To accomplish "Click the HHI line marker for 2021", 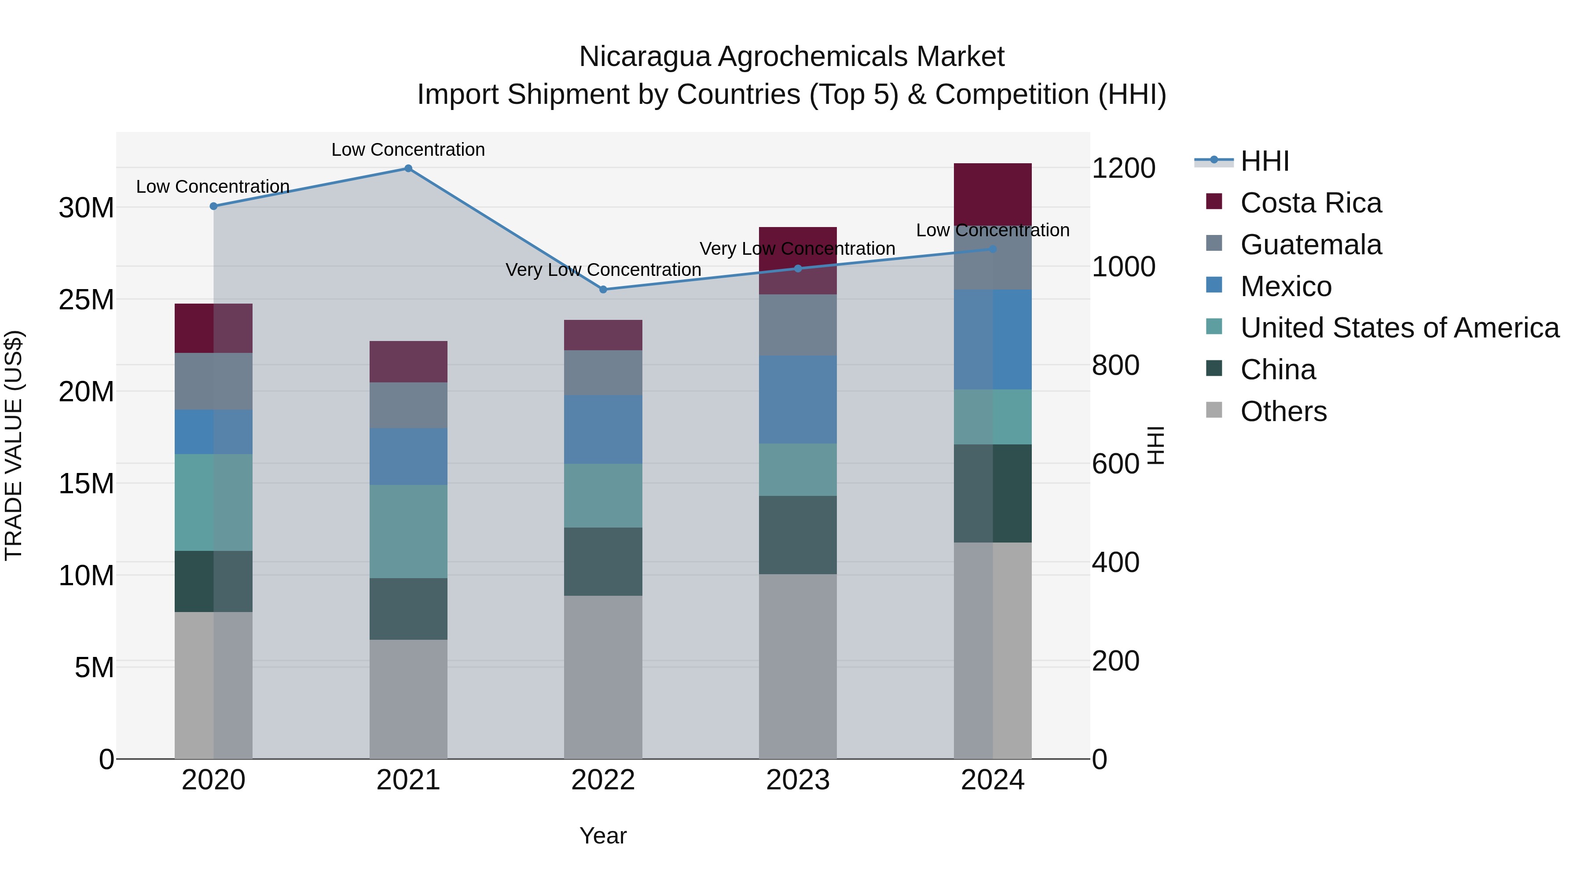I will click(x=408, y=169).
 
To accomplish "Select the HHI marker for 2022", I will click(x=603, y=290).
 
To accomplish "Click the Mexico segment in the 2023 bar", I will click(x=798, y=400).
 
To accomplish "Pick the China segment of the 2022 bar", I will click(x=603, y=561).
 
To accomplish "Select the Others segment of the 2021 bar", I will click(x=408, y=699).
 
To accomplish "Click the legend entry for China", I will click(x=1278, y=370).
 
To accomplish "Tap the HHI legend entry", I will click(x=1264, y=161).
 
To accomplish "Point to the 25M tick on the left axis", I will click(x=86, y=300).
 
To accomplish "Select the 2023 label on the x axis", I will click(x=798, y=780).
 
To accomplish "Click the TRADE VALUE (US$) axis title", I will click(x=14, y=445).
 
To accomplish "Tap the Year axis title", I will click(x=603, y=836).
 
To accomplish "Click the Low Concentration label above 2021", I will click(x=408, y=150).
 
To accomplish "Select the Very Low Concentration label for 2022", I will click(x=603, y=270).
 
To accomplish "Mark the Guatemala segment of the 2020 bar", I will click(x=213, y=381).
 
